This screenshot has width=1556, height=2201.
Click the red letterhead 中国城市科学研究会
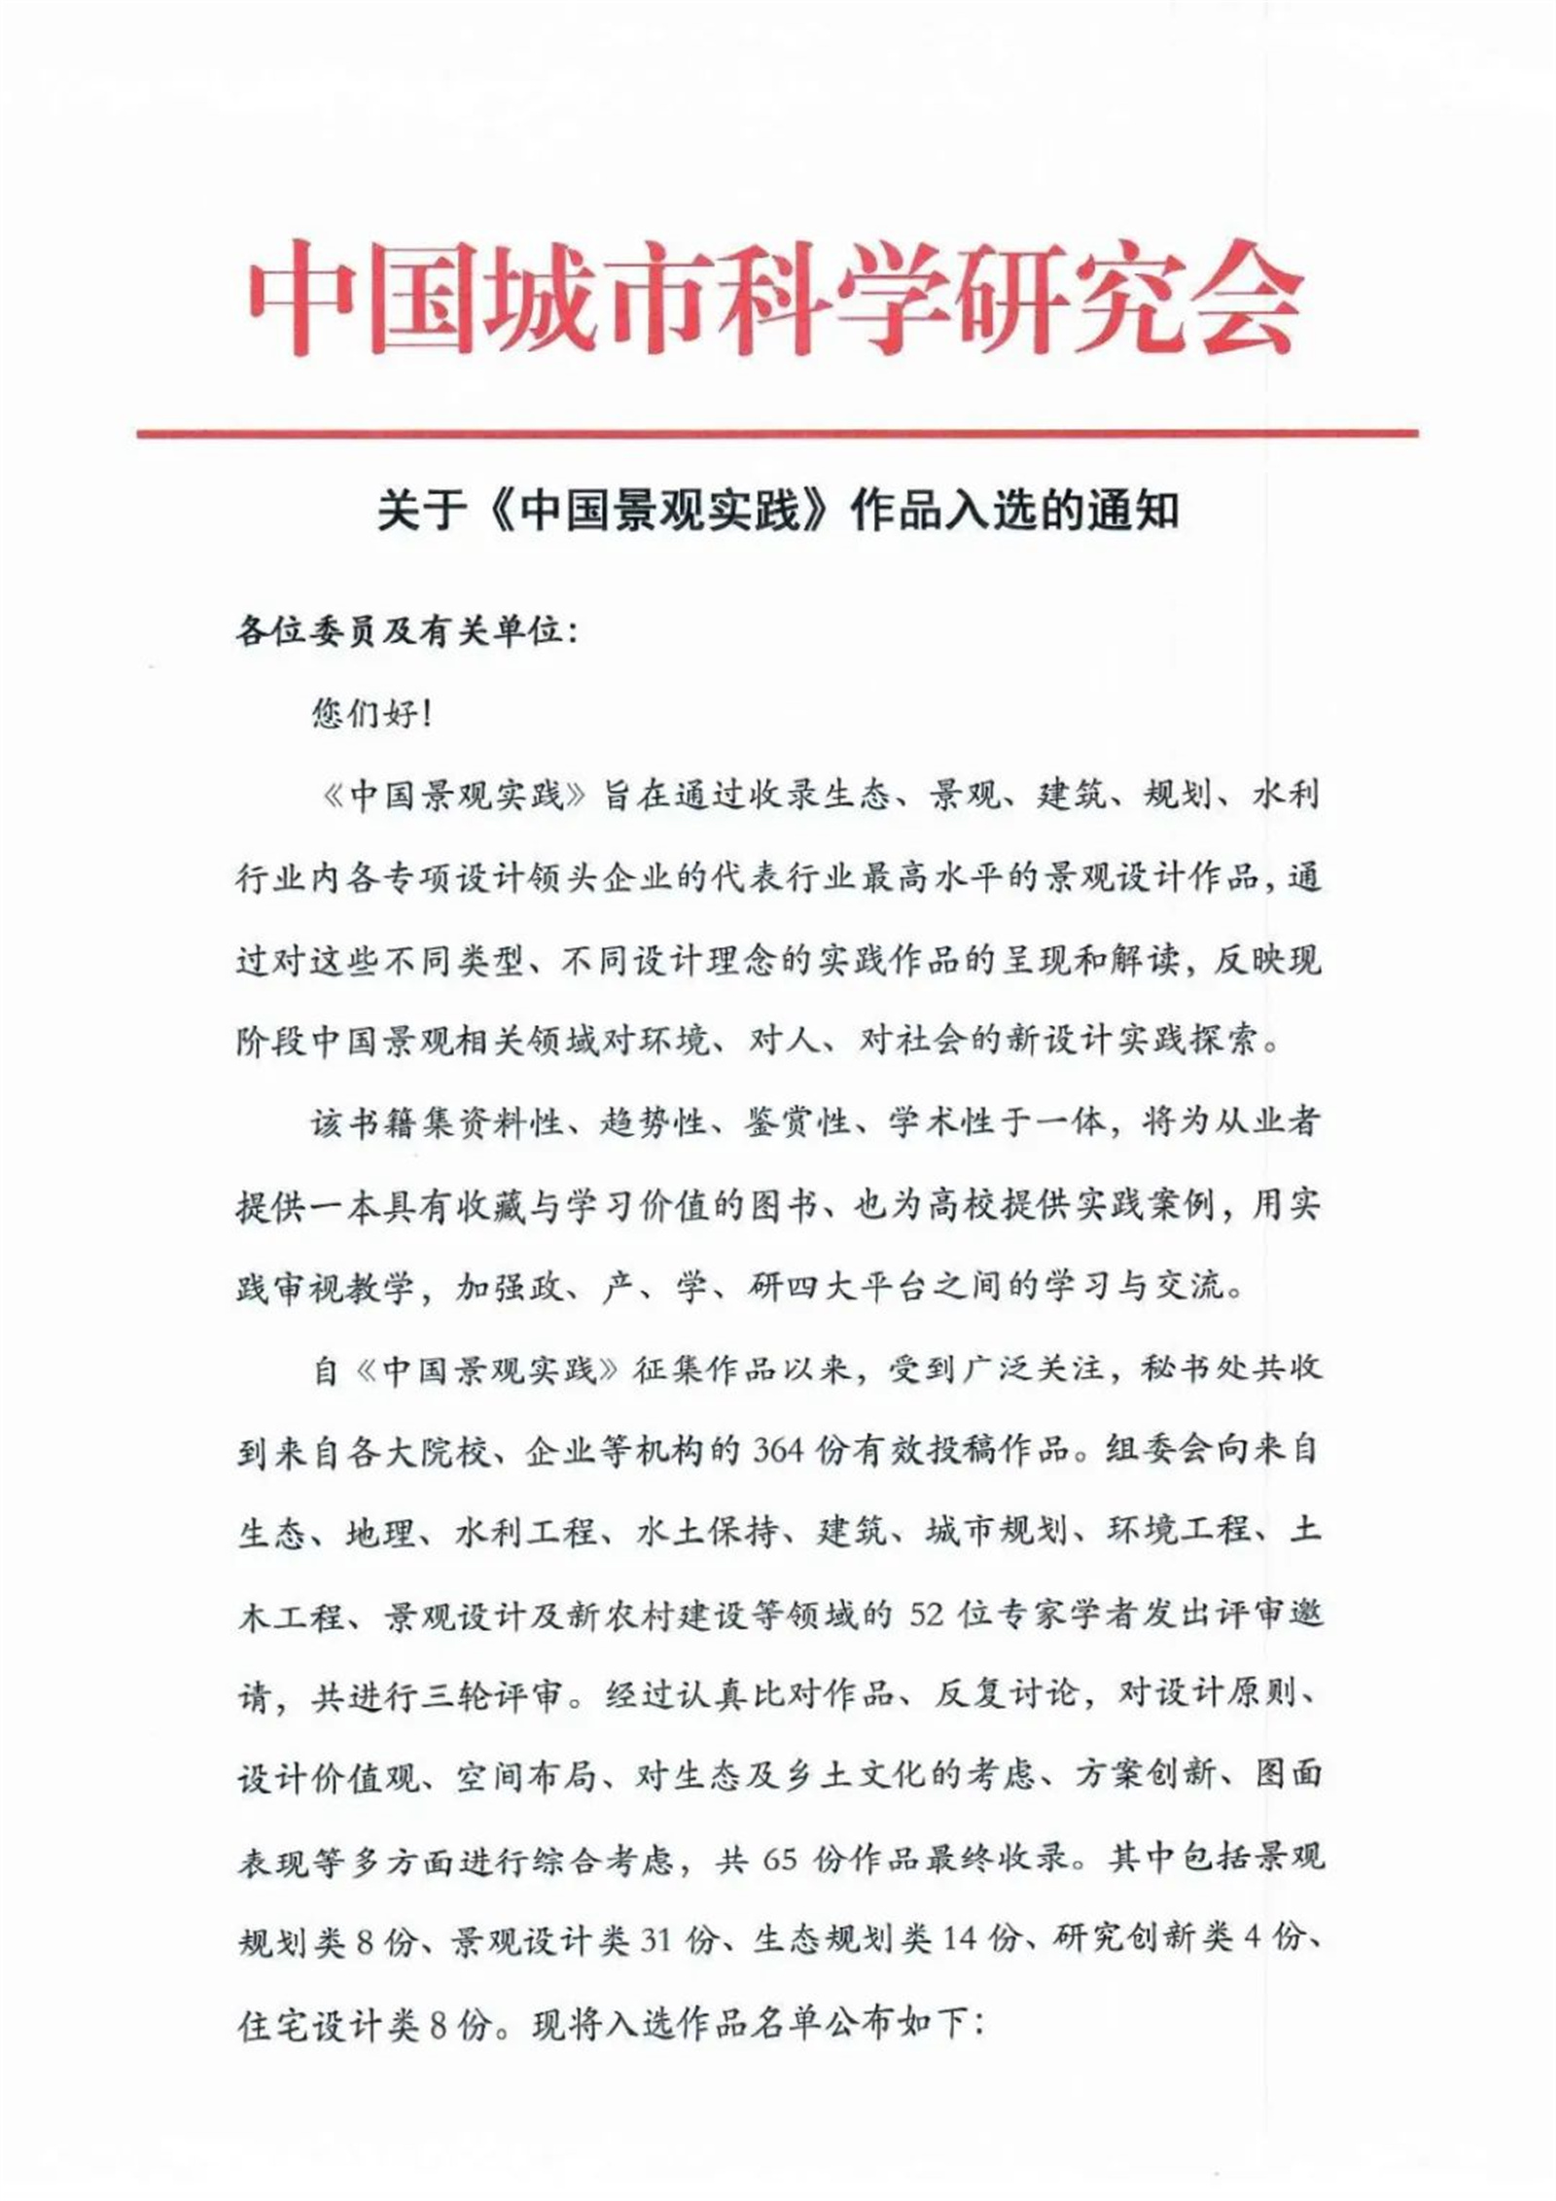tap(775, 297)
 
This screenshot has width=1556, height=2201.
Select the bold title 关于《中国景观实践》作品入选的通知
tap(778, 511)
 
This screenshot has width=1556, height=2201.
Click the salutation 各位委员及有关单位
tap(399, 633)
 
